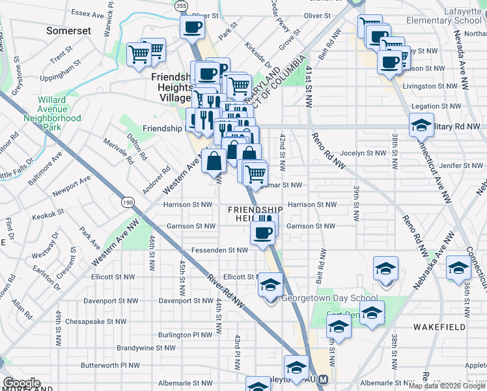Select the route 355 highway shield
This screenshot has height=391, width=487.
[182, 5]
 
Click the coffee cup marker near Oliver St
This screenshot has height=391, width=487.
[193, 28]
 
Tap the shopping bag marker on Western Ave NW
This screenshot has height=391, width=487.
[214, 160]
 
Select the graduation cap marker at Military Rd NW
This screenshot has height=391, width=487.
[421, 124]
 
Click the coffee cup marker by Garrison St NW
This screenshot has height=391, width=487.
[263, 233]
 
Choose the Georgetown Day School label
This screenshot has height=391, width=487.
[329, 299]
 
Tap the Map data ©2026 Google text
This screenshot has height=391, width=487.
[447, 386]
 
